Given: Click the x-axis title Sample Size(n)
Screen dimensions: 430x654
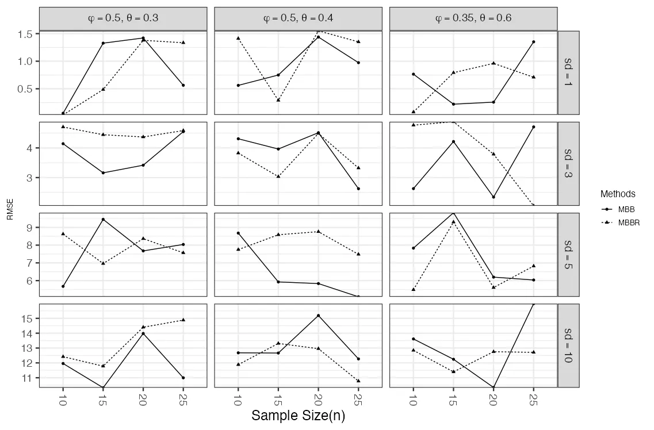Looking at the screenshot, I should [x=298, y=416].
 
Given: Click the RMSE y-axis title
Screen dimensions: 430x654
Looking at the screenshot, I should [x=9, y=209].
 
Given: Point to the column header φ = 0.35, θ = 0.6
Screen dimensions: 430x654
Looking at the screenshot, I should [x=473, y=18].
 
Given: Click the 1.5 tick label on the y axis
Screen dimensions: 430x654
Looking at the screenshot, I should [x=24, y=34].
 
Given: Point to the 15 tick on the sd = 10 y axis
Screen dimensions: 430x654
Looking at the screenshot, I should [x=26, y=318].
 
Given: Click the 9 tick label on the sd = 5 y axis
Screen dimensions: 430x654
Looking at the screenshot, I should [x=30, y=228].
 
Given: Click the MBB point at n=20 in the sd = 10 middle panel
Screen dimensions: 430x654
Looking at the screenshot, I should [x=318, y=316].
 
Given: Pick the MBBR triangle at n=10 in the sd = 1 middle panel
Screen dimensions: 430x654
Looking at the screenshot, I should [x=238, y=38].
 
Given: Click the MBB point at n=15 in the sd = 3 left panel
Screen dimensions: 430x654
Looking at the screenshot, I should [x=103, y=173].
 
